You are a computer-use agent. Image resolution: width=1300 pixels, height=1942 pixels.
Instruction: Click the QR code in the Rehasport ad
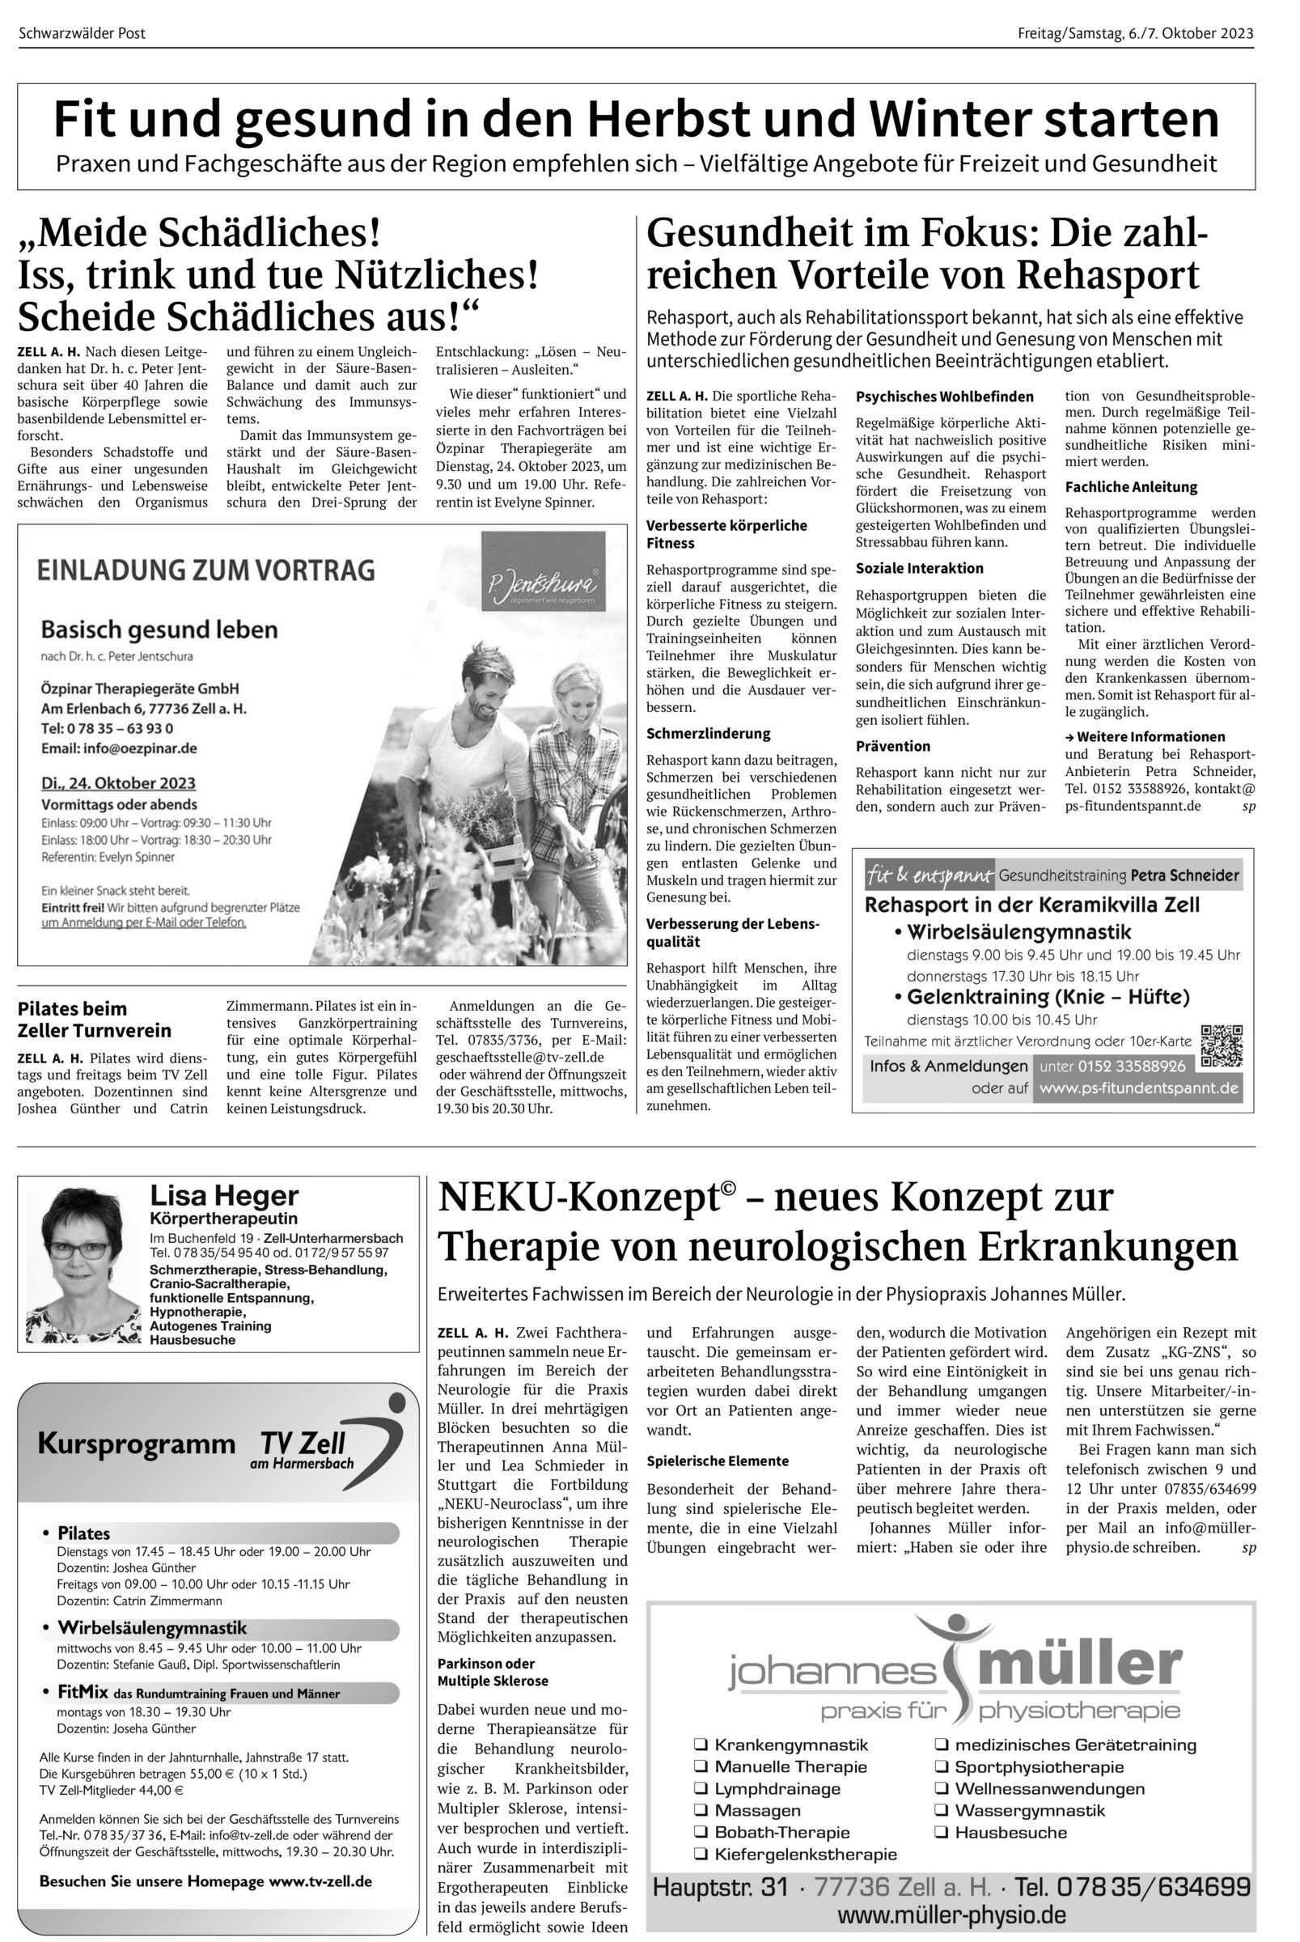click(1222, 1045)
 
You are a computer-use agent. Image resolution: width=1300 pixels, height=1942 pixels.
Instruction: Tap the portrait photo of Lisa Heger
click(80, 1262)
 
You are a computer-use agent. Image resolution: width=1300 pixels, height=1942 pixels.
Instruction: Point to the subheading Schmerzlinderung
click(708, 734)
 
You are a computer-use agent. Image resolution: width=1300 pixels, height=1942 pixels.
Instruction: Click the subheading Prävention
click(893, 746)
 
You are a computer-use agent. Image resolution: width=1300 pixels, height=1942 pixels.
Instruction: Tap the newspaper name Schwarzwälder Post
click(82, 33)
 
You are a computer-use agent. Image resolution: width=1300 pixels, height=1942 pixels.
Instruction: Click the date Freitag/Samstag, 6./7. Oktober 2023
click(1135, 33)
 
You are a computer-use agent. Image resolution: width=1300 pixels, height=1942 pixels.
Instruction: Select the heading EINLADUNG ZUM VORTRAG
click(205, 570)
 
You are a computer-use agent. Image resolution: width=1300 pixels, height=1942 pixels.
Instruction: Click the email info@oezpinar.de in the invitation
click(119, 748)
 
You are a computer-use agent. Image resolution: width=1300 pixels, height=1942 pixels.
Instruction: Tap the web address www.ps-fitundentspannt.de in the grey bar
click(1138, 1088)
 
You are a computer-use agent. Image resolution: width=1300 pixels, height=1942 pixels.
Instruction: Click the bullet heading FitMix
click(82, 1693)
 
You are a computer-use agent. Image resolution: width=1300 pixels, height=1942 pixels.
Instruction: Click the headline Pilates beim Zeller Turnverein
click(95, 1020)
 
